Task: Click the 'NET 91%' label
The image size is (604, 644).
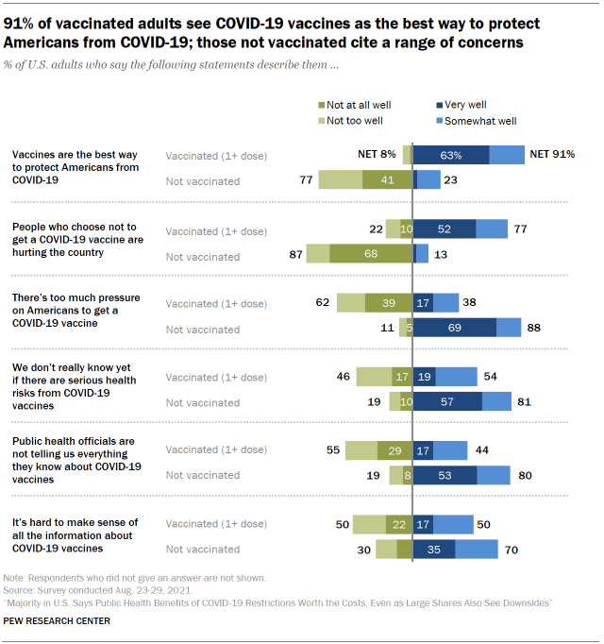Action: (x=552, y=155)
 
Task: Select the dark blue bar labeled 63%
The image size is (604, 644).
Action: (x=451, y=155)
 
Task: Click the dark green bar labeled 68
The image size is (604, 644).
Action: (x=370, y=253)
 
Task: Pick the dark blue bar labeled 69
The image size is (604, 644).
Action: (x=455, y=327)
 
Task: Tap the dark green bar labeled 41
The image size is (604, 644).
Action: (x=387, y=179)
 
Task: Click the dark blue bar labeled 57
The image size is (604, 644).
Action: (x=447, y=400)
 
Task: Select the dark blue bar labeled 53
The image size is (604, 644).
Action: (x=445, y=475)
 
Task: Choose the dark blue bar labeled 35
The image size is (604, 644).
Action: (x=434, y=549)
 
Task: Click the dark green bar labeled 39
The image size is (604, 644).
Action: (x=388, y=302)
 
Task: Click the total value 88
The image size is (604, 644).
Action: (x=535, y=327)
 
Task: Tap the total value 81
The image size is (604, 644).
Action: (x=525, y=400)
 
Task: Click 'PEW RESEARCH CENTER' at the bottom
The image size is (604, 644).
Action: (x=57, y=620)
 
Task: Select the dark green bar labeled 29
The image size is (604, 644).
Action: (x=394, y=450)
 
